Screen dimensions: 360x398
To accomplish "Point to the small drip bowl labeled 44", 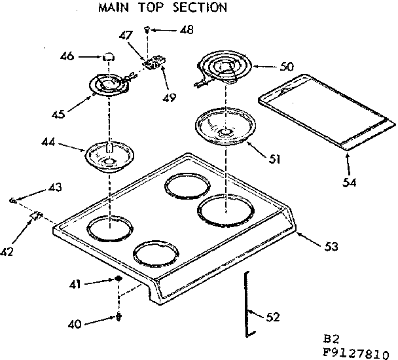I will (109, 155).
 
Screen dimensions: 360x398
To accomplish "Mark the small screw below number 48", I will (149, 29).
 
